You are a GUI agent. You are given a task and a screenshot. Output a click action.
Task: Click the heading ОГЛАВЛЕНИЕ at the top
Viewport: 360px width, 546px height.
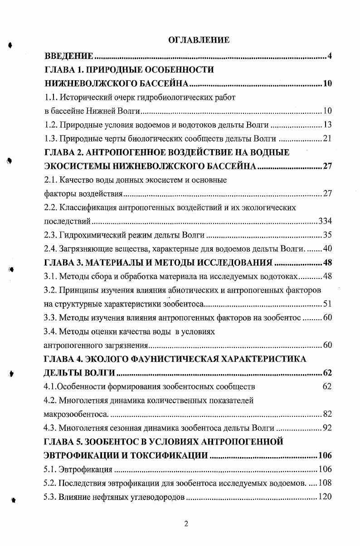click(x=199, y=40)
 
